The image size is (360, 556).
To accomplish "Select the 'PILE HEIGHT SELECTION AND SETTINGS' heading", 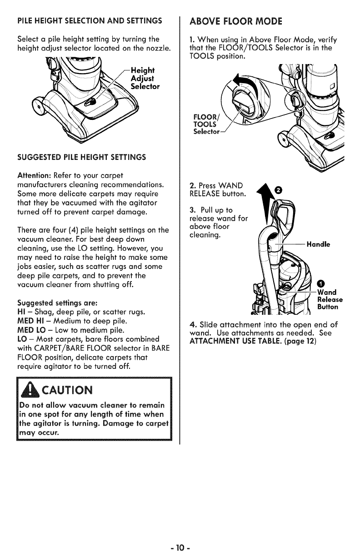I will coord(90,21).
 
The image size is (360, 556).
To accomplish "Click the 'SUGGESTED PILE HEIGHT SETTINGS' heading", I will coord(81,157).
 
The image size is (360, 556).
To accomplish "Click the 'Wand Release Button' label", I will coord(330,299).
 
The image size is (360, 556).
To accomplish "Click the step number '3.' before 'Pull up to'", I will coord(192,210).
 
